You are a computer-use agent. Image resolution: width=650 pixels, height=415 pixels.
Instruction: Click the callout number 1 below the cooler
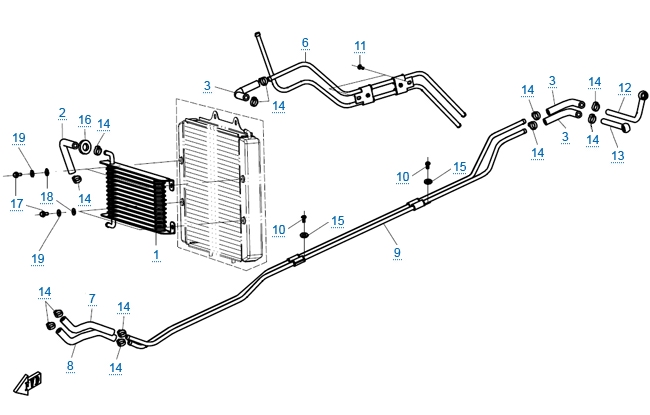[x=156, y=254]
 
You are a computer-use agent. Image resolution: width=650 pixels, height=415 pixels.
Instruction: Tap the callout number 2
[x=61, y=113]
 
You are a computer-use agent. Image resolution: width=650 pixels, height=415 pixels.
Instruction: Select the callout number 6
[x=305, y=43]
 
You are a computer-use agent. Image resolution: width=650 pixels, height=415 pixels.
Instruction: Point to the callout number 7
[x=91, y=298]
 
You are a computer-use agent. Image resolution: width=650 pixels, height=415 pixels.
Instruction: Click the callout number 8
[x=70, y=365]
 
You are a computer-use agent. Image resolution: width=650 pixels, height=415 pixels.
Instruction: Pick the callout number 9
[x=397, y=252]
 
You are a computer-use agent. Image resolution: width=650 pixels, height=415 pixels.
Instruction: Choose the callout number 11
[x=360, y=46]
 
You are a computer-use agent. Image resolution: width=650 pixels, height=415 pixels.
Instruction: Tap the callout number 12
[x=625, y=87]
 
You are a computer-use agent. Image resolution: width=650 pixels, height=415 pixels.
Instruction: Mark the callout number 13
[x=616, y=156]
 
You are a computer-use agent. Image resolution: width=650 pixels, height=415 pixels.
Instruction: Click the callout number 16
[x=85, y=119]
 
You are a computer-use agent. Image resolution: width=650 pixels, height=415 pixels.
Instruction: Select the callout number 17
[x=17, y=203]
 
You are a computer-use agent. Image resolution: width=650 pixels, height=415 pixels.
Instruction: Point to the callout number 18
[x=48, y=197]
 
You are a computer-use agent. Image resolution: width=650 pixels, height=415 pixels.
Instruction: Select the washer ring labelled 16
[x=86, y=149]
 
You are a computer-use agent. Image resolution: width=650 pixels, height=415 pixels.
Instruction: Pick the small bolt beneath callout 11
[x=360, y=67]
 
